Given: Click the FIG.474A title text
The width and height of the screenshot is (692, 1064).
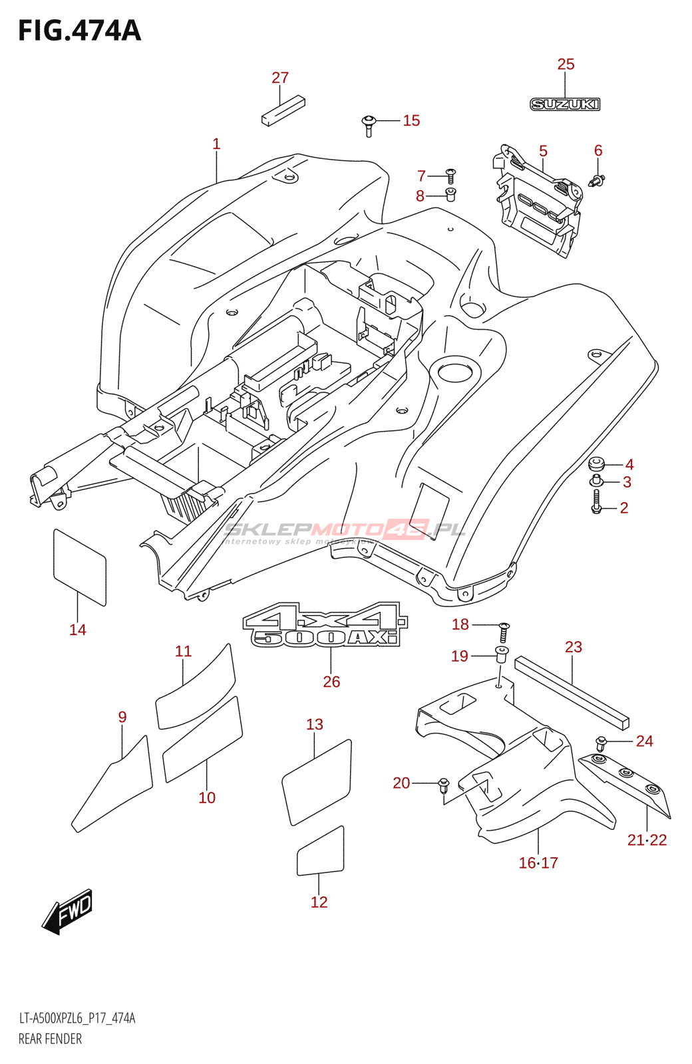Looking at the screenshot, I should [79, 31].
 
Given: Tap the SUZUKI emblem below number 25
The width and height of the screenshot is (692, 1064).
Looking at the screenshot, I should [565, 104].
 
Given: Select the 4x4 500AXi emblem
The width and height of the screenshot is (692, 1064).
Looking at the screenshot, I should [325, 625].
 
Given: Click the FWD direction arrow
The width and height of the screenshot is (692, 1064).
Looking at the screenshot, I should [68, 911].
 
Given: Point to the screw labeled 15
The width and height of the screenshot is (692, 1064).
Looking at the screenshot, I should [369, 124].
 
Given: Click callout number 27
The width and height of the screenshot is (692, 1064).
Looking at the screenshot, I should [280, 78].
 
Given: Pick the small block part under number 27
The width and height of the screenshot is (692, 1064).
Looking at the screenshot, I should [283, 111].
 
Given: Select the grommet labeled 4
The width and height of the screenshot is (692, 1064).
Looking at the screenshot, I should [596, 464].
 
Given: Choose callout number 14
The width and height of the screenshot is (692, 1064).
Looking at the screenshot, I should [78, 630].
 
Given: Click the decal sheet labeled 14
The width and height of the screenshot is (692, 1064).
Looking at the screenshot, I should [79, 567].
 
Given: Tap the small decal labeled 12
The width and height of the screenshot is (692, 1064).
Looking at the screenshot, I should [320, 853].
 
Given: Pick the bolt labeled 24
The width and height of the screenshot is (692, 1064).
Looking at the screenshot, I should [601, 742].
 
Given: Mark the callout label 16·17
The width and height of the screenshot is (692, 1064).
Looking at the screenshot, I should [538, 863].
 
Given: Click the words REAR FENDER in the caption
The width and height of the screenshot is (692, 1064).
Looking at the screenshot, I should [51, 1039].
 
